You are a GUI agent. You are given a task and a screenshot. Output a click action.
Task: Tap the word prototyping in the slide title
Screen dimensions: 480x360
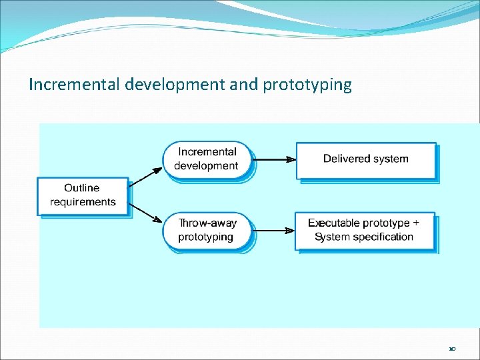tap(307, 85)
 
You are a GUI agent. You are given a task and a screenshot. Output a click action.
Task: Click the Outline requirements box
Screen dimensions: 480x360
tap(83, 195)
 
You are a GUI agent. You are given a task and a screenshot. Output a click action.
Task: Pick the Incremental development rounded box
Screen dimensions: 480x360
tap(208, 159)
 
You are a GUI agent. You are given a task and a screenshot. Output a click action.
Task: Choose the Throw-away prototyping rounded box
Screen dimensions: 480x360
tap(208, 230)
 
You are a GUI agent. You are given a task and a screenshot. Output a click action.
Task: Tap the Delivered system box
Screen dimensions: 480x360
tap(365, 159)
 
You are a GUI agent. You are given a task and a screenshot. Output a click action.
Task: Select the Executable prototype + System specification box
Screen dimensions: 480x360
tap(364, 230)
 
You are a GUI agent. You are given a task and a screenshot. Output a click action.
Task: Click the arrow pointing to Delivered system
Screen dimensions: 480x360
tap(275, 159)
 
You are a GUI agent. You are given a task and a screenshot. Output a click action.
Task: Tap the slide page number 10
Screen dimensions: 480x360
tap(453, 349)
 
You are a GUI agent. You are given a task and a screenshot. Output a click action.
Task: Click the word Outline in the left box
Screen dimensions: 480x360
tap(82, 188)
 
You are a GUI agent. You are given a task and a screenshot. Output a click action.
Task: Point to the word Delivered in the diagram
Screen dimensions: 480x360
tap(344, 159)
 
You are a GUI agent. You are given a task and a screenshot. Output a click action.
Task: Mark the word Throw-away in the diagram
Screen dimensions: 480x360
tap(207, 223)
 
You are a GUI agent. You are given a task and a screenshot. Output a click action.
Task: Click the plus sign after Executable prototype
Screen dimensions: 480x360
tap(417, 223)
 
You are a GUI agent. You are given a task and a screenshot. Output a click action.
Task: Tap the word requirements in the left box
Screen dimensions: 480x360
tap(83, 202)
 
